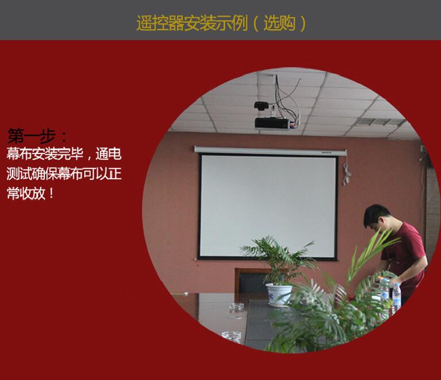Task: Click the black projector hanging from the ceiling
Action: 272,123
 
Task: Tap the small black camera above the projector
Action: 262,106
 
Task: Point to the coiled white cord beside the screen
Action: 346,174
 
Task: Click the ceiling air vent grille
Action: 379,122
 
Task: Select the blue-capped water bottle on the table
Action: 396,298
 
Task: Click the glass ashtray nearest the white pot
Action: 236,308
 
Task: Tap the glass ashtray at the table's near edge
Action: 232,337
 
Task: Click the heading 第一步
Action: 32,136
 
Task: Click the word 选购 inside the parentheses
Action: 279,23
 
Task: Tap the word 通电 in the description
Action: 108,154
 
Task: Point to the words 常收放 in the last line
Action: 26,194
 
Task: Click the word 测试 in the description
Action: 19,174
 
